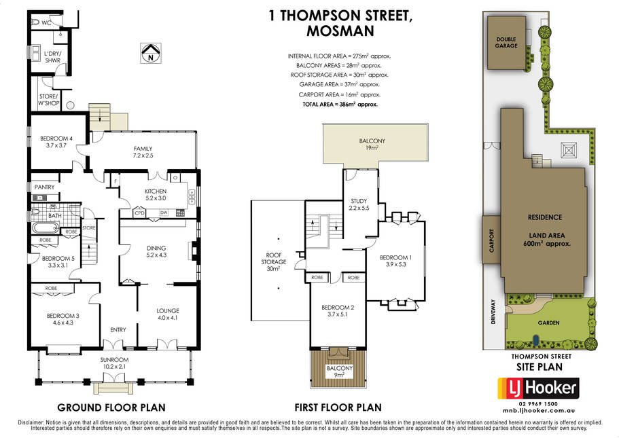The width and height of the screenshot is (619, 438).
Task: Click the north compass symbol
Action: click(x=150, y=53)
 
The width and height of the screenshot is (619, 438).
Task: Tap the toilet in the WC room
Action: click(x=35, y=22)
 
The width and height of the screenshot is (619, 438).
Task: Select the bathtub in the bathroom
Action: click(x=46, y=228)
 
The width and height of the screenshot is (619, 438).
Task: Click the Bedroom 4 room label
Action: click(x=56, y=142)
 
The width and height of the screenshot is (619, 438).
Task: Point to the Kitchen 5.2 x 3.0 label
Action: click(x=156, y=194)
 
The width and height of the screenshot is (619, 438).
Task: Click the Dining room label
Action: click(x=156, y=251)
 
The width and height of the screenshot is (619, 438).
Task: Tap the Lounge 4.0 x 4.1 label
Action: click(x=168, y=314)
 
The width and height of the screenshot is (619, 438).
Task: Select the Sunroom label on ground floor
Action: click(x=114, y=363)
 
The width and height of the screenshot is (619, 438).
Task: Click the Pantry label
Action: click(x=45, y=187)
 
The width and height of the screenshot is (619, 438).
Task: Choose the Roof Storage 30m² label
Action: click(x=274, y=262)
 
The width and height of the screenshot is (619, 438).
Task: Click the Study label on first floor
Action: click(x=359, y=204)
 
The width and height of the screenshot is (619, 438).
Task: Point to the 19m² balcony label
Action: click(x=372, y=145)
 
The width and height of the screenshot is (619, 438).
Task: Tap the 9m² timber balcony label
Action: click(x=339, y=371)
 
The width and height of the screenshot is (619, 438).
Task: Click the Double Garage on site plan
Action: click(x=506, y=43)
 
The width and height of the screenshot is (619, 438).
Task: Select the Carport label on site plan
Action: click(x=491, y=240)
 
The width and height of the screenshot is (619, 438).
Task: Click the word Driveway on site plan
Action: click(x=493, y=312)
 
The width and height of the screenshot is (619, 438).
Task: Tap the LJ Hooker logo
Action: click(x=538, y=388)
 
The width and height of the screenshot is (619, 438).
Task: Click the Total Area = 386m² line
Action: click(x=340, y=105)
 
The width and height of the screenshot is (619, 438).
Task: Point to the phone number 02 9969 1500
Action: click(x=538, y=403)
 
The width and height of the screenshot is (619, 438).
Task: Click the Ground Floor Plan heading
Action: click(x=111, y=407)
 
